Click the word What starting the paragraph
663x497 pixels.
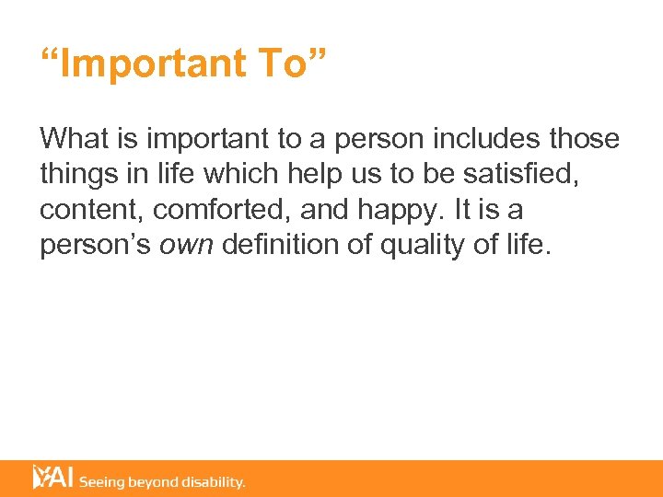point(73,139)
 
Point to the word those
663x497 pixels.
point(585,139)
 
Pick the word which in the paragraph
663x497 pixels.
point(238,175)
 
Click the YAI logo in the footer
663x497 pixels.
point(53,478)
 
